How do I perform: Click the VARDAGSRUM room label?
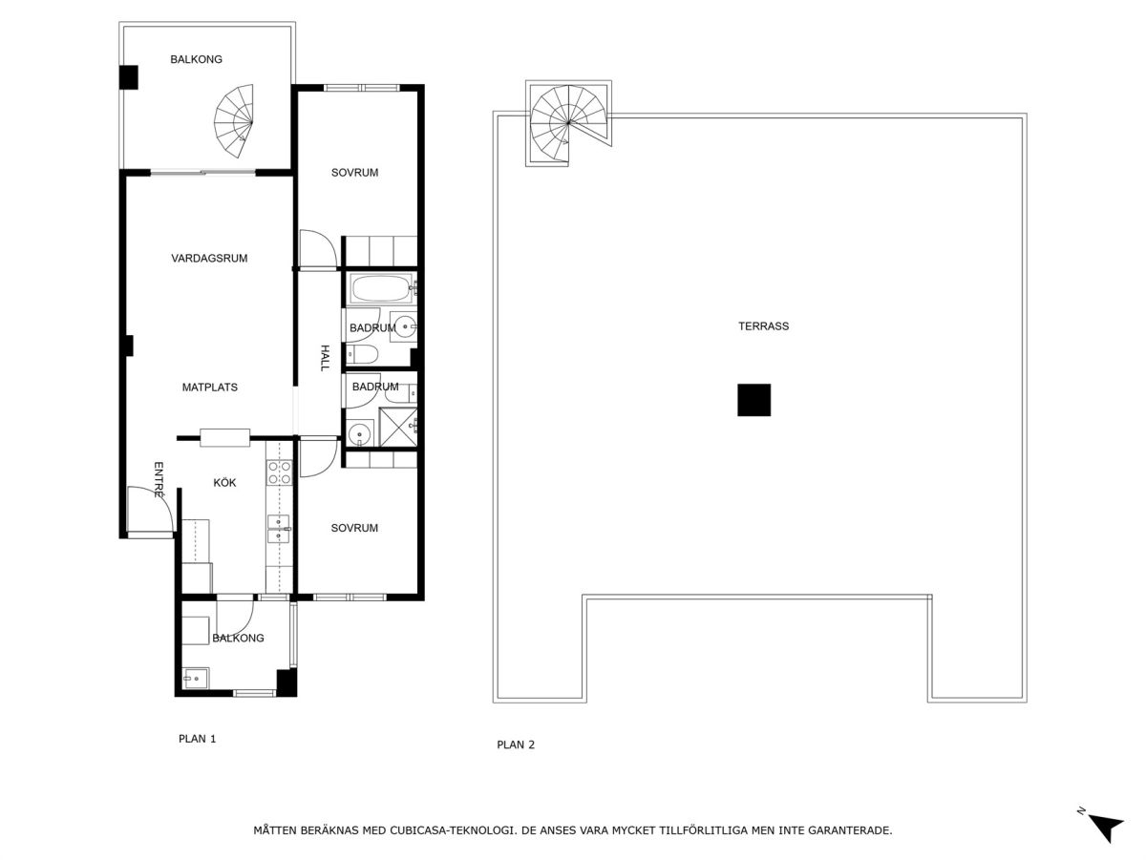(x=209, y=258)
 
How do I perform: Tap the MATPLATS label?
(x=209, y=388)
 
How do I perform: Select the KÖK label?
(x=224, y=482)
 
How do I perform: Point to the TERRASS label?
(x=763, y=326)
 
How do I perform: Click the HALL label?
(x=325, y=358)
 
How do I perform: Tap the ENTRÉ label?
(x=159, y=479)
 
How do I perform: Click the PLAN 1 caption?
(x=197, y=739)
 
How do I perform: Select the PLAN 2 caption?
(x=516, y=745)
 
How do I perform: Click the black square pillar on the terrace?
(x=753, y=400)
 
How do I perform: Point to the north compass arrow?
(x=1106, y=829)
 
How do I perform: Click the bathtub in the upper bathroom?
(x=382, y=289)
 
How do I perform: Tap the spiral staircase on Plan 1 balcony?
(x=234, y=121)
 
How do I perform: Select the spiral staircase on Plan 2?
(x=568, y=123)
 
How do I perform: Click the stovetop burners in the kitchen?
(x=279, y=472)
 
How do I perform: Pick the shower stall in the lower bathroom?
(x=398, y=427)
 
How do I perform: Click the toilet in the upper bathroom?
(x=361, y=355)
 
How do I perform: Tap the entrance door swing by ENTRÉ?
(x=150, y=510)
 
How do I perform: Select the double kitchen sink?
(x=279, y=529)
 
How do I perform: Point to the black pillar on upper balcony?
(x=128, y=77)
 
